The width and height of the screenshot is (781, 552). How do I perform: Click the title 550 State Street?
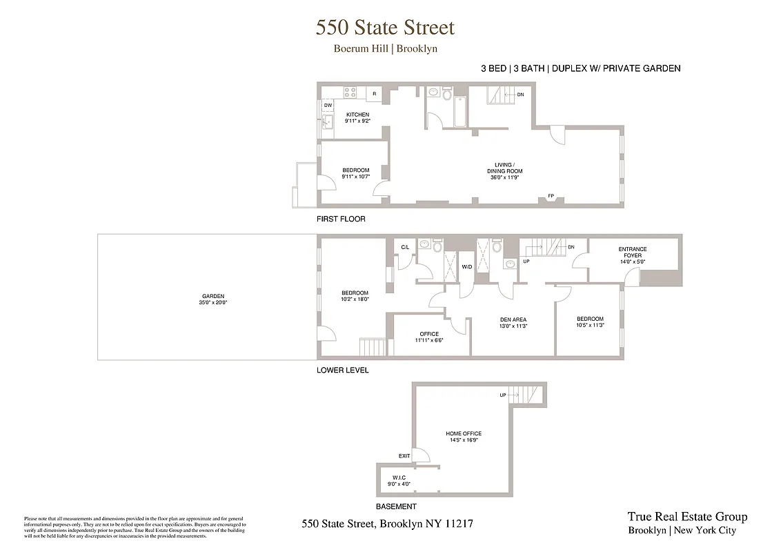coord(385,28)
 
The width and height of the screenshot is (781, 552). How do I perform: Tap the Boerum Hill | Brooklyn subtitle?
coord(385,49)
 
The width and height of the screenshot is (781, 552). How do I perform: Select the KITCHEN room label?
coord(357,115)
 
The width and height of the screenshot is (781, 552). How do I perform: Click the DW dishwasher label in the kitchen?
coord(328,105)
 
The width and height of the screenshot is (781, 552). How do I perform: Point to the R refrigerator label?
coord(374,93)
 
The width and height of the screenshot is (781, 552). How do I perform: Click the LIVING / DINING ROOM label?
coord(504,168)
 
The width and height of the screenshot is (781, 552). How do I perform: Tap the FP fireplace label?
coord(551,196)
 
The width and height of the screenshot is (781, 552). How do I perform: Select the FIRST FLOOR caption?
coord(341,219)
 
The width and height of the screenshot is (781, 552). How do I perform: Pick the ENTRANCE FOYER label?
coord(632,253)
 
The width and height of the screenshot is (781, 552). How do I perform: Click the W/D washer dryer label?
coord(466,266)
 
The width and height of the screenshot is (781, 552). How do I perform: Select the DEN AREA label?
coord(513,319)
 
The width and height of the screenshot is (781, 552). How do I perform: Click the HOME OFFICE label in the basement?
coord(464,434)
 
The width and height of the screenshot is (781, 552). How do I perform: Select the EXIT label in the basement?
coord(404,455)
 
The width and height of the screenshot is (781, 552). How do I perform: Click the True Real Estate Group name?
coord(686,517)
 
